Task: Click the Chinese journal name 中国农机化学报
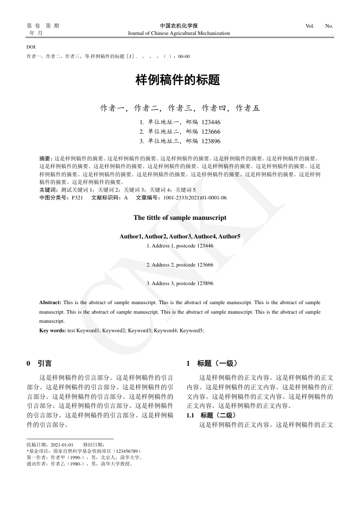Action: pyautogui.click(x=179, y=26)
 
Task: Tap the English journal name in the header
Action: pyautogui.click(x=179, y=33)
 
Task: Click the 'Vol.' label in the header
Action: pyautogui.click(x=310, y=26)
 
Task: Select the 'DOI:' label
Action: pyautogui.click(x=31, y=47)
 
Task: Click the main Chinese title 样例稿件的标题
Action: pyautogui.click(x=178, y=81)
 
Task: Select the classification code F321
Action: pyautogui.click(x=77, y=198)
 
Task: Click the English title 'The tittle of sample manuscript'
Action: pyautogui.click(x=180, y=218)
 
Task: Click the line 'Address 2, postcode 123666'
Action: pyautogui.click(x=180, y=264)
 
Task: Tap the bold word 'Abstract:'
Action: pyautogui.click(x=50, y=302)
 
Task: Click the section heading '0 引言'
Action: pyautogui.click(x=39, y=363)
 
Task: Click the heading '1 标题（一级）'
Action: pyautogui.click(x=212, y=363)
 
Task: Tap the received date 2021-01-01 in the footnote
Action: pyautogui.click(x=62, y=445)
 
